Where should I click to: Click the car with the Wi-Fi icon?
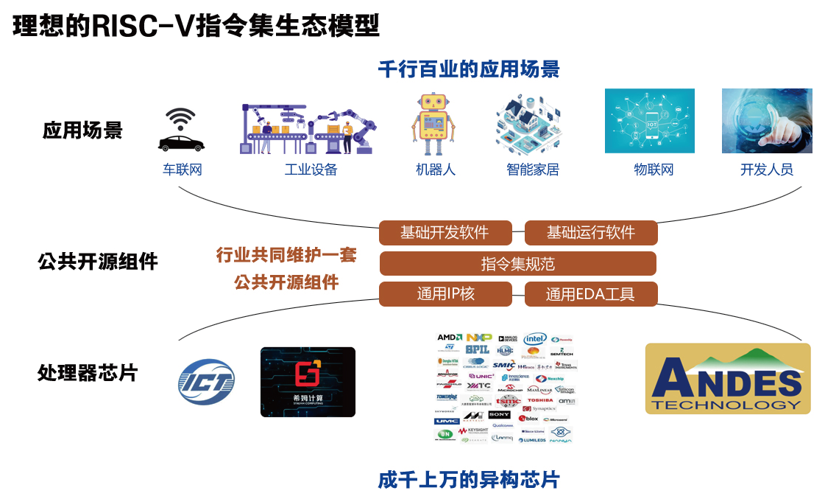[180, 133]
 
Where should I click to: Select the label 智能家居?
[532, 170]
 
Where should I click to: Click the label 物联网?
[654, 170]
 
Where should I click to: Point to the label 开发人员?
[766, 170]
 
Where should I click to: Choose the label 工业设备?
[311, 170]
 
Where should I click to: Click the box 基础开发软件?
[445, 233]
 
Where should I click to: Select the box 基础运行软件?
[590, 233]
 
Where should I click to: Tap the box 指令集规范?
[517, 264]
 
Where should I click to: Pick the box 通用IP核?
[445, 294]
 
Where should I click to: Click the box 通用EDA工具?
[590, 294]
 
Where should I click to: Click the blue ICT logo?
[205, 382]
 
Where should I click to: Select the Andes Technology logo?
[727, 378]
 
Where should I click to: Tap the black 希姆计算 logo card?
[308, 382]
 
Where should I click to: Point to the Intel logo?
[535, 338]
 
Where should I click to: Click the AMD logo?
[449, 338]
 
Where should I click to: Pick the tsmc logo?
[508, 400]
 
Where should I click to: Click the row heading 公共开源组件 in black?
[97, 262]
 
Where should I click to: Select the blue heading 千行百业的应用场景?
[469, 70]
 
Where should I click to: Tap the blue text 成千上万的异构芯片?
[469, 481]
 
